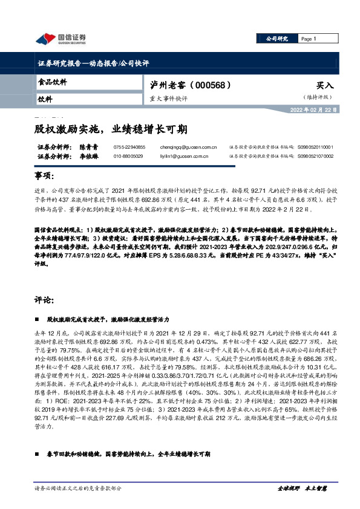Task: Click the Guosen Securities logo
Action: click(x=61, y=39)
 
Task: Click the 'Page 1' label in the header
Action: click(x=309, y=39)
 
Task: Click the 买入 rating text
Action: click(x=324, y=86)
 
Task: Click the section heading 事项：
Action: click(x=45, y=175)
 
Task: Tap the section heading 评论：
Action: click(x=45, y=299)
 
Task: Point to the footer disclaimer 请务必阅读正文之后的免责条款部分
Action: click(x=79, y=487)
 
